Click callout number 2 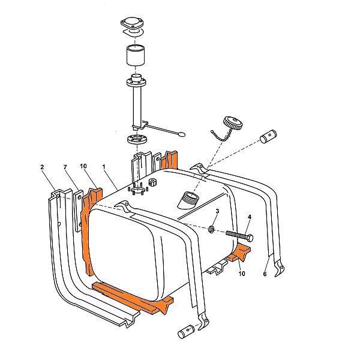[42, 167]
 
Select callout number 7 [65, 167]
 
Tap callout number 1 [104, 166]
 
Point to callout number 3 [217, 211]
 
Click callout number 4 [250, 217]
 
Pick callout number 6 [265, 274]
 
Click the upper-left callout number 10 [83, 166]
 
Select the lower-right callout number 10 [242, 274]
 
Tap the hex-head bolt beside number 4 [239, 236]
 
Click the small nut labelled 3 [211, 229]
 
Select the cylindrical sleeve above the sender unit [136, 55]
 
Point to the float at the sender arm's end [182, 134]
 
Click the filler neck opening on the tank [189, 199]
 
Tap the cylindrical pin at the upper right [268, 136]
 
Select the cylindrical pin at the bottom [186, 331]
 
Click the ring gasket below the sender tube [137, 140]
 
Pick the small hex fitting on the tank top [152, 182]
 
